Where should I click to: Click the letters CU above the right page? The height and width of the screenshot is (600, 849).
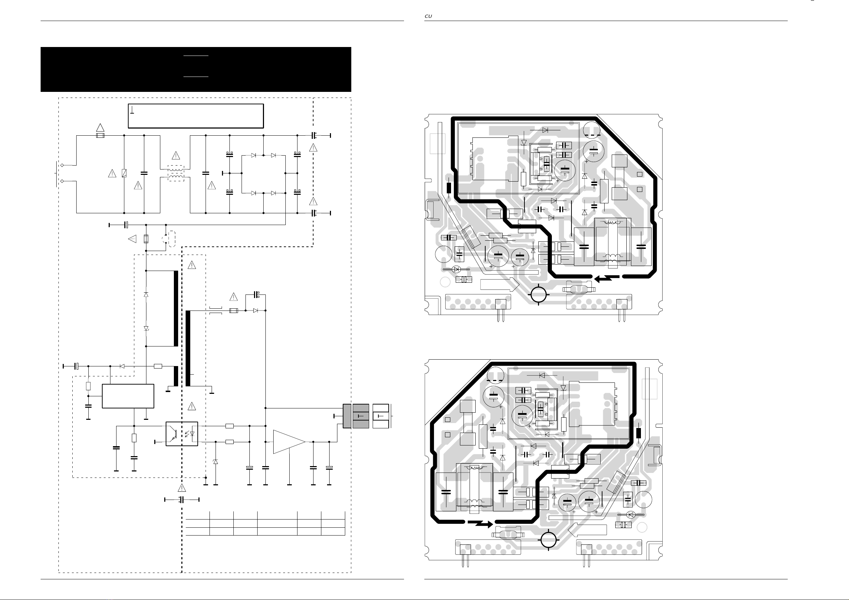point(428,16)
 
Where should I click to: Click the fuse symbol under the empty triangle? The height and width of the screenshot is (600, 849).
point(100,136)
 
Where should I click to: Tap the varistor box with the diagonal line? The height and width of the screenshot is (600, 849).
point(124,173)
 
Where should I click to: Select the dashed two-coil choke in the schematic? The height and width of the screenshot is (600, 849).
point(176,173)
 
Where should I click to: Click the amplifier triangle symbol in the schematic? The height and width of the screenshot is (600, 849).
point(289,442)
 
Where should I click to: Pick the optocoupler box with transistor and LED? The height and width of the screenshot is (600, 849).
point(182,434)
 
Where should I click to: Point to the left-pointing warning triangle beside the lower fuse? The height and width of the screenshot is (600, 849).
point(133,239)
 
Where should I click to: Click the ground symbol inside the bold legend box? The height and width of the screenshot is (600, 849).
point(133,110)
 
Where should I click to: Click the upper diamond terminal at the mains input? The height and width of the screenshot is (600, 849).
point(62,165)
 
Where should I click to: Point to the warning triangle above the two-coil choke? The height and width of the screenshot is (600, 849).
point(176,156)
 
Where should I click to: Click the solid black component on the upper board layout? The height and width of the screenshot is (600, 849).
point(449,188)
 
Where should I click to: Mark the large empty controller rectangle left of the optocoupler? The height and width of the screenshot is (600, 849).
point(128,396)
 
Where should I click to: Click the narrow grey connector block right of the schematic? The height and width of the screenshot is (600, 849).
point(347,416)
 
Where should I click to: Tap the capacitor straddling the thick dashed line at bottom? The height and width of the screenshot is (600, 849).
point(182,500)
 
